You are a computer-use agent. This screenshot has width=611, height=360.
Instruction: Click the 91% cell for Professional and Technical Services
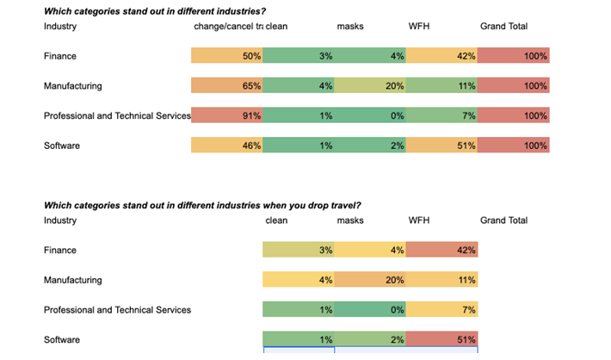pos(227,116)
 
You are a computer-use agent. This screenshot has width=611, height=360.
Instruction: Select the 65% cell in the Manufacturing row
pos(227,86)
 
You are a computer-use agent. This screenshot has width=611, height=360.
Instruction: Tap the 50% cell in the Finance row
pos(227,56)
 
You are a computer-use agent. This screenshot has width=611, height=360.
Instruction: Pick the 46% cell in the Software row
pos(227,146)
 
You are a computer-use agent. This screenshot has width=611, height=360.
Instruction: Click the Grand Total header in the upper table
pos(503,27)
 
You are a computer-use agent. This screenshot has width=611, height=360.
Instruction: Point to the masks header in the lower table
pos(350,220)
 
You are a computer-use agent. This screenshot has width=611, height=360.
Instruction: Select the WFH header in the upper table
pos(419,27)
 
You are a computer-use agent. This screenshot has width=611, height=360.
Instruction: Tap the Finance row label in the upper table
pos(60,56)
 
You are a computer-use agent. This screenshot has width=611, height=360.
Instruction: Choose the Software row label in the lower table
pos(62,339)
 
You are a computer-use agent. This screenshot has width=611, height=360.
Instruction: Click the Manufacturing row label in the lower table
pos(72,280)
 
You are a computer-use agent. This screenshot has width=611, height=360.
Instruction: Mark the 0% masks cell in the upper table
pos(370,116)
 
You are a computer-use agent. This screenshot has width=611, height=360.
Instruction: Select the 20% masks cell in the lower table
pos(370,280)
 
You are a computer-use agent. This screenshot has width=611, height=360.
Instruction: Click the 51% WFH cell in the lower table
pos(441,339)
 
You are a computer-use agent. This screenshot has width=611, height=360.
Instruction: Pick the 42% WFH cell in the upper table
pos(441,56)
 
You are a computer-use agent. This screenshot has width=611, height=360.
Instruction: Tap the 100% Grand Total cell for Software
pos(514,146)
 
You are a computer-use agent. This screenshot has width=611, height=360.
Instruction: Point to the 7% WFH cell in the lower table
pos(441,310)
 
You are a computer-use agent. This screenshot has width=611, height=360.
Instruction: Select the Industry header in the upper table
pos(60,27)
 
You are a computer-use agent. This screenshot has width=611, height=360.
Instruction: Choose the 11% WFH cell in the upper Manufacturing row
pos(441,86)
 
